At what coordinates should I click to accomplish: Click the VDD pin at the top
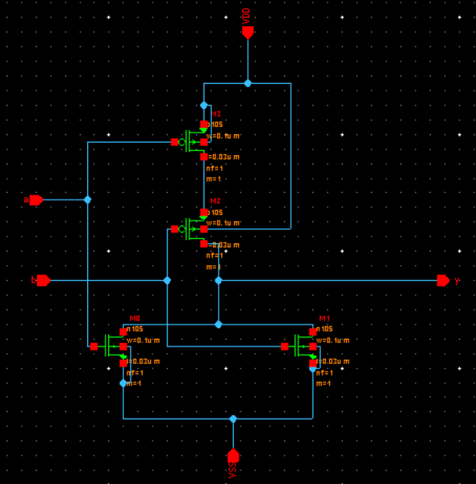click(247, 32)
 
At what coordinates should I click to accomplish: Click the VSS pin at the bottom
click(233, 455)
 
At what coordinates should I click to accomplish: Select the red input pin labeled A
click(35, 200)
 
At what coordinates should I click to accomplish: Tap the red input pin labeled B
click(43, 280)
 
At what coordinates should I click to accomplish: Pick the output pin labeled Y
click(443, 280)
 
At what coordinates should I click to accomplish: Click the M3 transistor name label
click(216, 114)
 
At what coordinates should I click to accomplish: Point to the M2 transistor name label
click(215, 201)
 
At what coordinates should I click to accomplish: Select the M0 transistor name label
click(135, 319)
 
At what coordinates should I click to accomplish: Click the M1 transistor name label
click(325, 319)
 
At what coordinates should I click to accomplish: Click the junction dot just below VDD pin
click(247, 83)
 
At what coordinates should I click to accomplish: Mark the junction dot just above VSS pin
click(233, 418)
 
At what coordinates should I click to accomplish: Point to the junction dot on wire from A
click(87, 200)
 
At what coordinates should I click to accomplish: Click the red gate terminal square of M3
click(174, 142)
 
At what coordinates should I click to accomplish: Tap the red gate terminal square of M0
click(94, 346)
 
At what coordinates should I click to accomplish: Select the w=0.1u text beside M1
click(333, 341)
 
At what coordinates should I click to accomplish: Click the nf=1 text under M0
click(135, 372)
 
